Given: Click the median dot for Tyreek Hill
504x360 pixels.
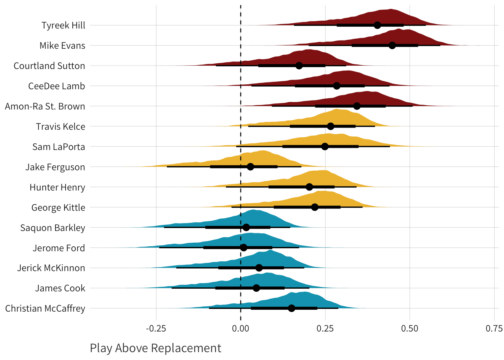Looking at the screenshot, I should click(377, 25).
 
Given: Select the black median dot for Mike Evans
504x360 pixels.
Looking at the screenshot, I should click(392, 45).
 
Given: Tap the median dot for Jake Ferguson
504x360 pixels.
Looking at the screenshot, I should click(250, 166).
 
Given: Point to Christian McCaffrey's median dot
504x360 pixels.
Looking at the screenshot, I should click(291, 308).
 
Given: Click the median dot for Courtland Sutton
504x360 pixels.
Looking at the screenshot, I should click(299, 66).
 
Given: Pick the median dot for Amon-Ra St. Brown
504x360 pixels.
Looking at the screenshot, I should click(357, 106).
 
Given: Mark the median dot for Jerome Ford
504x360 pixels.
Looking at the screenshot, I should click(244, 247).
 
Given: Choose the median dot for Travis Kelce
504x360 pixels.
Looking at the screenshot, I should click(330, 126).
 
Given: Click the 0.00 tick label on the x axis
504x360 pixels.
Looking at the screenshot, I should click(240, 329).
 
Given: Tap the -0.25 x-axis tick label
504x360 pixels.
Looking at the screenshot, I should click(156, 329).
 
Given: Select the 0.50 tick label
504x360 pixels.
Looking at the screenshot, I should click(409, 329).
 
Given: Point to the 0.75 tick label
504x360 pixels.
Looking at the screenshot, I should click(494, 329).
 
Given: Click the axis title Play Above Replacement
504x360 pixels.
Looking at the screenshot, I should click(156, 348).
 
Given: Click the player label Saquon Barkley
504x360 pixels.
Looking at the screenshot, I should click(52, 228).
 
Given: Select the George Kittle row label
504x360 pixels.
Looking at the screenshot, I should click(58, 207).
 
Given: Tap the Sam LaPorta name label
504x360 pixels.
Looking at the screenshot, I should click(58, 147).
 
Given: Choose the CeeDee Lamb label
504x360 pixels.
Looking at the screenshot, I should click(57, 86).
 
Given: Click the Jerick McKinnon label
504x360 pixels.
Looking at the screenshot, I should click(51, 268).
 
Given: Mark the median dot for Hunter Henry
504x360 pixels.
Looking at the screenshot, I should click(309, 187).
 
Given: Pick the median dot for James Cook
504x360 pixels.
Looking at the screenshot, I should click(256, 288).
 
